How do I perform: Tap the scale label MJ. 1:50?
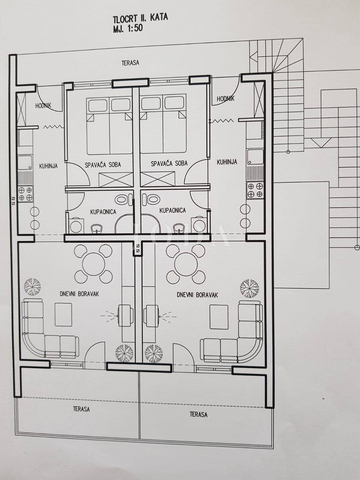tap(128, 29)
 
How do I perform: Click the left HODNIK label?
tap(43, 106)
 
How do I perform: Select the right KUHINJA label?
tap(227, 162)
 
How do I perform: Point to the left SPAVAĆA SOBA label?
tap(103, 165)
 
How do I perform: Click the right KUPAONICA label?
tap(173, 210)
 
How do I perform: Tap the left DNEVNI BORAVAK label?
tap(79, 294)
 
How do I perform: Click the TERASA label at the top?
tap(130, 63)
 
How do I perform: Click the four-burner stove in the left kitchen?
tap(25, 194)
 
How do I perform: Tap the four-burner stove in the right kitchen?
tap(255, 190)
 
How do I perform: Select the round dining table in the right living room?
tap(186, 264)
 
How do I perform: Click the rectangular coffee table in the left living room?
tap(63, 315)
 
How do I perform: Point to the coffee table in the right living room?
tap(219, 316)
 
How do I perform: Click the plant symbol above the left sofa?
tap(32, 287)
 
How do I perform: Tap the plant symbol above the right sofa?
tap(249, 288)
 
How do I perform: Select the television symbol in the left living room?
tap(126, 316)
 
